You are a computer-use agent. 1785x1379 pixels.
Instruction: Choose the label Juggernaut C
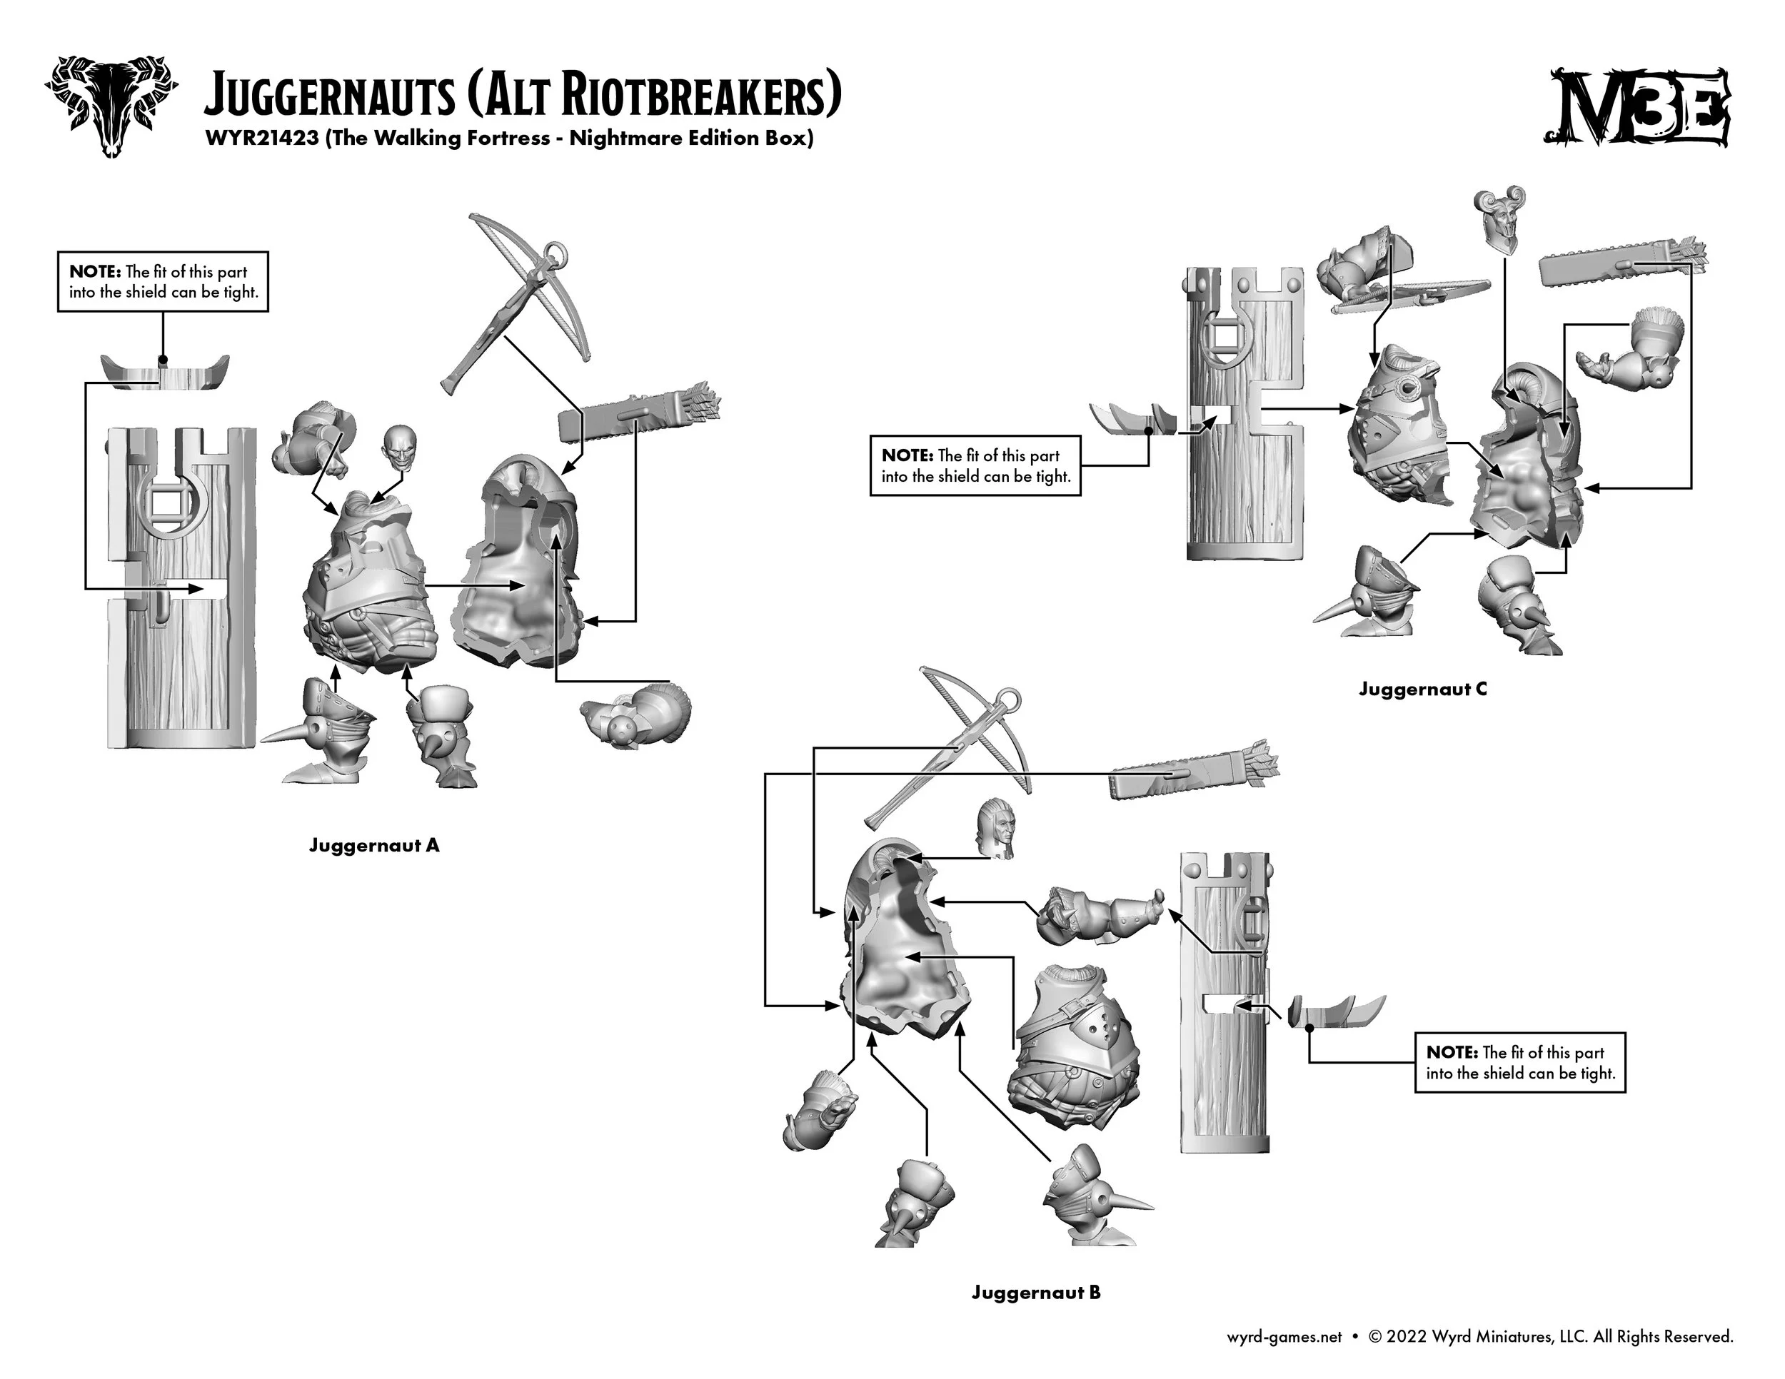tap(1423, 689)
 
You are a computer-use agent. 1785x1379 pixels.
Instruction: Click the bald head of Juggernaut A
tap(398, 448)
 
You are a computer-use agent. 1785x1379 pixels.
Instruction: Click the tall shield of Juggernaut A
tap(181, 588)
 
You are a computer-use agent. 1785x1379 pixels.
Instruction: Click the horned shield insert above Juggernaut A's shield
tap(164, 372)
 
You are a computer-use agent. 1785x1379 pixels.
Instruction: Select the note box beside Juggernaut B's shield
tap(1520, 1063)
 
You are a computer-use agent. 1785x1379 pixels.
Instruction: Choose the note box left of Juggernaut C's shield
tap(975, 465)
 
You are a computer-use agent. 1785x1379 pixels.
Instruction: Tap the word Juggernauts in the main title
tap(329, 96)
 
